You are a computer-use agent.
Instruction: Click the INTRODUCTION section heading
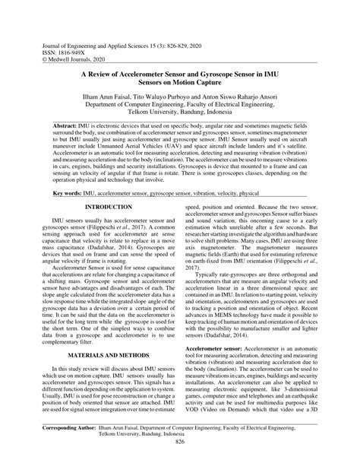[x=109, y=207]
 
